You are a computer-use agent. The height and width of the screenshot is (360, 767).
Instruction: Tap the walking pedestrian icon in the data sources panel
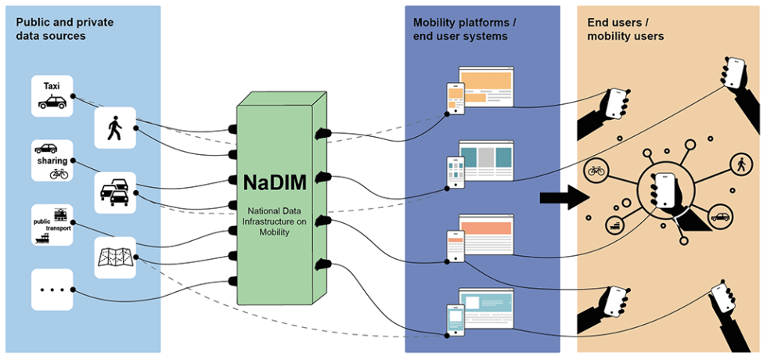tap(115, 128)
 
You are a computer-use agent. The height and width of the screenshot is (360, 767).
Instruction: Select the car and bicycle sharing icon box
tap(52, 160)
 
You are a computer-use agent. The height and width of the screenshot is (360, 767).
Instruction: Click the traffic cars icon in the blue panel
tap(115, 193)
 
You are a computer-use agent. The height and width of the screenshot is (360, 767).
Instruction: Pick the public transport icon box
tap(52, 225)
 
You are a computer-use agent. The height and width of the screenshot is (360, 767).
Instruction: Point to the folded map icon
tap(115, 257)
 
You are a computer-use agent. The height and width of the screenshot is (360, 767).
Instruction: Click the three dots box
tap(52, 289)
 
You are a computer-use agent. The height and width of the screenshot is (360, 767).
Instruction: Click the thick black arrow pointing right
tap(564, 197)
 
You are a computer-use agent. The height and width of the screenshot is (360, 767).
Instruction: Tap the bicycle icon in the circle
tap(596, 170)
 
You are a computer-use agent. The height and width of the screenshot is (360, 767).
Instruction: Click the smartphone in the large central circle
tap(665, 189)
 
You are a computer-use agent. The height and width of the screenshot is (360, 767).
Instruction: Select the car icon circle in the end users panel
tap(720, 216)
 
